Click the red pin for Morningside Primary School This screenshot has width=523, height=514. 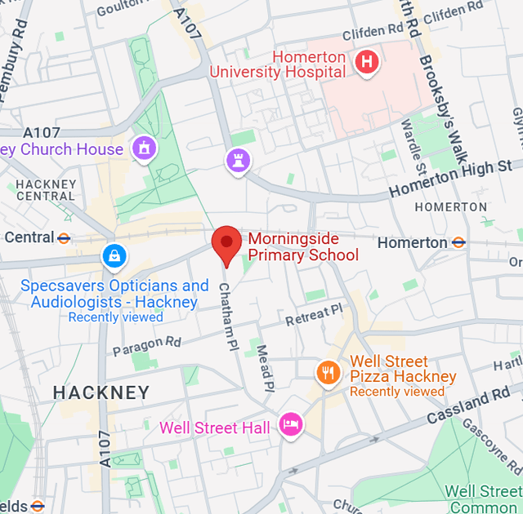click(226, 244)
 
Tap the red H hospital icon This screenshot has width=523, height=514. click(366, 61)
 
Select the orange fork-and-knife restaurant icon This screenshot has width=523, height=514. click(329, 373)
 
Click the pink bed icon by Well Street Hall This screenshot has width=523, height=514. click(291, 423)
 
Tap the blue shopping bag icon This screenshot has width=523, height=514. click(114, 256)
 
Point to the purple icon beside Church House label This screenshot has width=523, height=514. click(145, 148)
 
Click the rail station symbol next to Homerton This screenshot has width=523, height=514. click(459, 242)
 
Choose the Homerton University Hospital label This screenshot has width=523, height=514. click(278, 64)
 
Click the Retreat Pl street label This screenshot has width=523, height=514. click(315, 314)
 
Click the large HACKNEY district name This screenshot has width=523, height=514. click(101, 392)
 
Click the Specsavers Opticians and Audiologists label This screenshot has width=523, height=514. click(114, 294)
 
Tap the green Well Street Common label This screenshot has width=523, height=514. click(482, 498)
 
